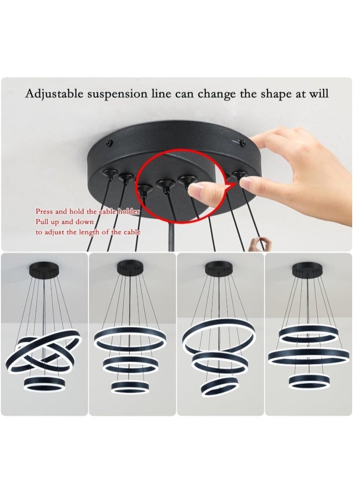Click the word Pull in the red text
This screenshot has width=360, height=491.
tap(42, 222)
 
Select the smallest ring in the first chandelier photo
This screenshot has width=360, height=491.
tap(45, 383)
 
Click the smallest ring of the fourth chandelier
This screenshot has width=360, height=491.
tap(309, 381)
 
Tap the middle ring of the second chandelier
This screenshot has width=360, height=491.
tap(130, 364)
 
